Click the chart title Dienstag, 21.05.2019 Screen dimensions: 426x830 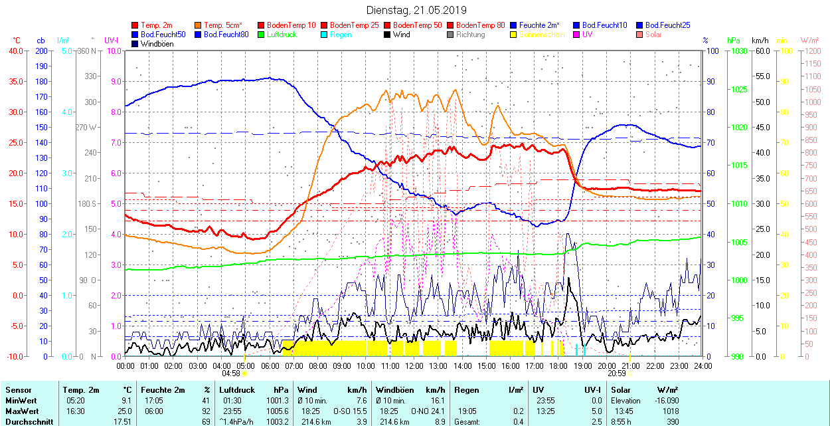tap(416, 10)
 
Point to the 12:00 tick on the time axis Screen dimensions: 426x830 tap(414, 366)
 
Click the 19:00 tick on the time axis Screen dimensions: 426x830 tap(582, 366)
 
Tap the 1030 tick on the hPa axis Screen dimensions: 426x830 tap(736, 51)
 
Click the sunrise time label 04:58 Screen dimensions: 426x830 tap(230, 374)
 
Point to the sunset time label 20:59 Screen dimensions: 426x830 tap(617, 374)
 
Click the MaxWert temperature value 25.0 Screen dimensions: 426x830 tap(123, 411)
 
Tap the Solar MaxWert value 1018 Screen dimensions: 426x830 tap(670, 411)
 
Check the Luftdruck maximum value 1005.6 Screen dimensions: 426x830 tap(278, 411)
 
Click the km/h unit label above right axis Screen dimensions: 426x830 tap(760, 41)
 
